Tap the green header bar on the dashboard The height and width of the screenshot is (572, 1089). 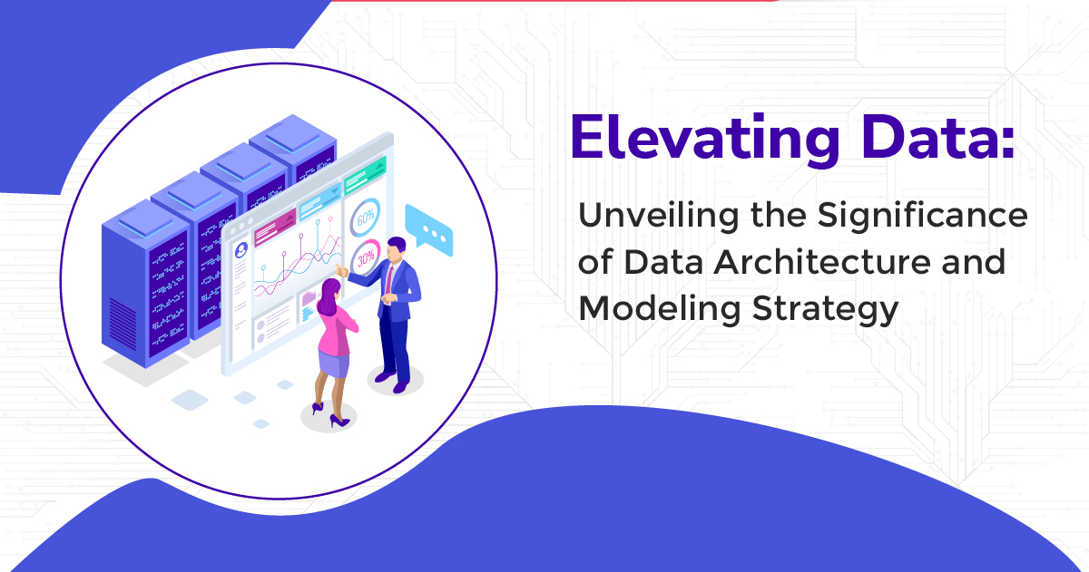click(x=366, y=163)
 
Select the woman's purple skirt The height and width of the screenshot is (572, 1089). click(x=332, y=364)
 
